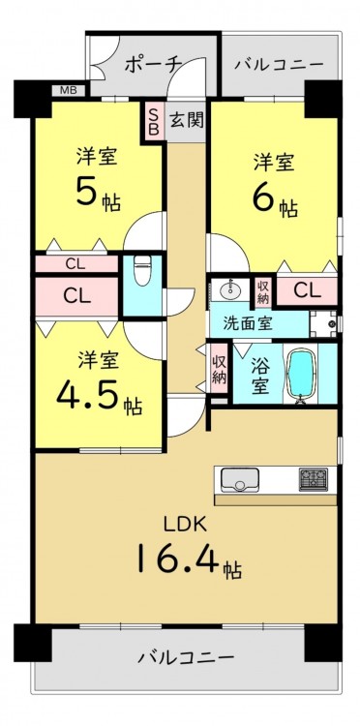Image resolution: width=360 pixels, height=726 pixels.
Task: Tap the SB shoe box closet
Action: coord(154,121)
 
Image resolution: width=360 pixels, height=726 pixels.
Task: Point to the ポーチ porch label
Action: coord(151,65)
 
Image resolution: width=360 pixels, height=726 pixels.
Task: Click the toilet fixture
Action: coord(140,273)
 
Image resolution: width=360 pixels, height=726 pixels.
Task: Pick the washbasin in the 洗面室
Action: coord(229,290)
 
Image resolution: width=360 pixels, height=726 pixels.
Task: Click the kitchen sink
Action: coord(239,480)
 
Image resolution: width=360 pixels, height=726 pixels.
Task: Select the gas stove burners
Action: coord(314,479)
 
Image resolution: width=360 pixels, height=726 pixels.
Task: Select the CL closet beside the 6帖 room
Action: coord(307,290)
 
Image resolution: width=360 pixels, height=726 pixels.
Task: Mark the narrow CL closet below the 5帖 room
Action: coord(76,264)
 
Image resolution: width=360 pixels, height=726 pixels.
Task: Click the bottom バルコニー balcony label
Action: coord(186,656)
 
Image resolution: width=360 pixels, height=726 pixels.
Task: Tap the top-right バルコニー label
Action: coord(278,64)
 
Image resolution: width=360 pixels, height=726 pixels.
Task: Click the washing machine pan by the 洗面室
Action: coord(323,323)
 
